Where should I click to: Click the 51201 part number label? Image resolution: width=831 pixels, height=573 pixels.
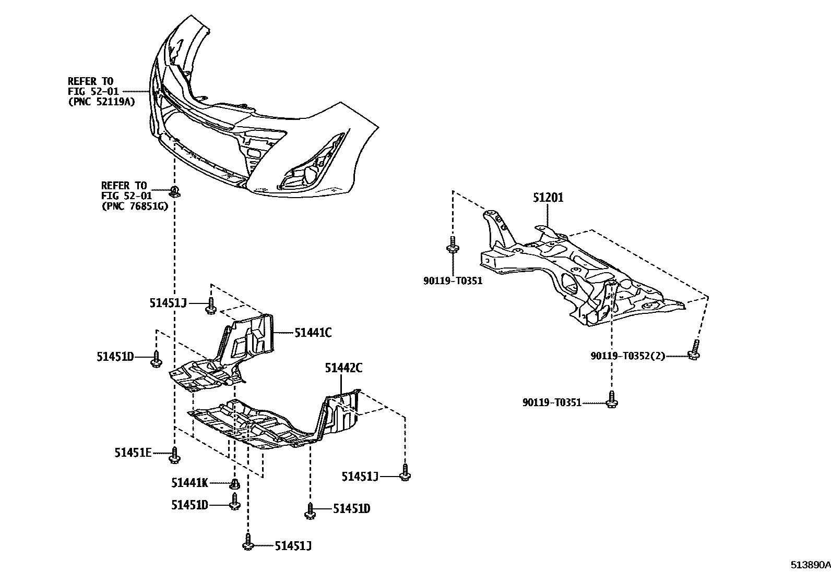tap(548, 198)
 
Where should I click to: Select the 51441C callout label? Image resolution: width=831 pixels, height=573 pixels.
tap(313, 332)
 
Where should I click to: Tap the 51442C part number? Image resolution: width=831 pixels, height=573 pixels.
tap(343, 368)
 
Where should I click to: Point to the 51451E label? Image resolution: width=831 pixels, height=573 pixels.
tap(133, 453)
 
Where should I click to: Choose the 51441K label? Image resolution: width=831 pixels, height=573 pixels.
tap(189, 483)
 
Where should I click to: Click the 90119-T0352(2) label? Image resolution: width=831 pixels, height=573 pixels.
tap(628, 356)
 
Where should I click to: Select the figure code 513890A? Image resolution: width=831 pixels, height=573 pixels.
tap(809, 565)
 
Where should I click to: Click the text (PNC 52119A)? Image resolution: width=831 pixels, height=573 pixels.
tap(101, 102)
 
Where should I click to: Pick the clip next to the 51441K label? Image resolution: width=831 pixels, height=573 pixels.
tap(235, 484)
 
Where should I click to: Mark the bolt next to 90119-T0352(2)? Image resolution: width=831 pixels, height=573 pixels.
tap(694, 351)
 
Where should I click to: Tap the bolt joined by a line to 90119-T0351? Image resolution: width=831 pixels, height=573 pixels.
tap(612, 399)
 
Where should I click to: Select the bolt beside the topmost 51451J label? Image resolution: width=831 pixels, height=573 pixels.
tap(211, 306)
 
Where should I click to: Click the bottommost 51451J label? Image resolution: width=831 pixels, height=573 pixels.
tap(293, 546)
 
